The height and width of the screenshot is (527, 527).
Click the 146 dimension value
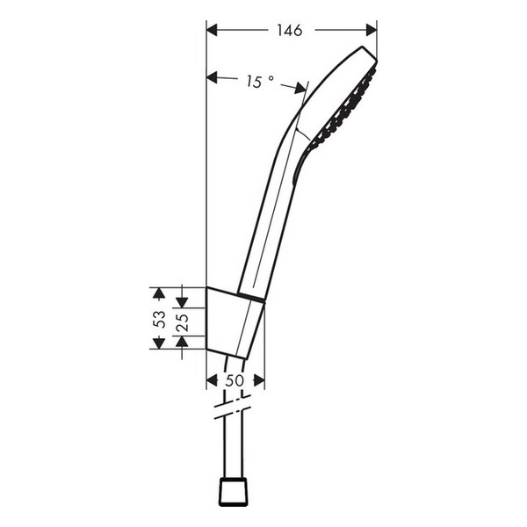coord(288,31)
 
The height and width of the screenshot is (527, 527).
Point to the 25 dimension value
coord(182,321)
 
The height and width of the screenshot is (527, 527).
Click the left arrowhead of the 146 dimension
coord(212,31)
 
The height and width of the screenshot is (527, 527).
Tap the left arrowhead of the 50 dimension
coord(211,380)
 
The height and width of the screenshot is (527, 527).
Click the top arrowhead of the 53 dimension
coord(158,292)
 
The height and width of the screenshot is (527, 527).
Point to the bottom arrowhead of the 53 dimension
coord(158,343)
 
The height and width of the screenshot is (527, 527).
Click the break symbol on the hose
coord(231,406)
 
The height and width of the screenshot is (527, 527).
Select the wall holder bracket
coord(230,321)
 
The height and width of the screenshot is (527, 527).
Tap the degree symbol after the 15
coord(271,78)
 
